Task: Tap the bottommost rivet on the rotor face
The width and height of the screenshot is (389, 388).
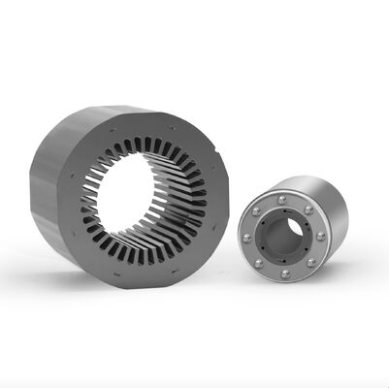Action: pyautogui.click(x=284, y=274)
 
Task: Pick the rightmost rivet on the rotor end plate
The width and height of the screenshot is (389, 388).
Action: pyautogui.click(x=319, y=235)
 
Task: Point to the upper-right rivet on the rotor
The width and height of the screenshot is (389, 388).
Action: pyautogui.click(x=308, y=209)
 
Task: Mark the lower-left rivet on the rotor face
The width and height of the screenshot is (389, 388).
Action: pyautogui.click(x=258, y=263)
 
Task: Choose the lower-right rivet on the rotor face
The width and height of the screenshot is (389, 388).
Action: pyautogui.click(x=309, y=262)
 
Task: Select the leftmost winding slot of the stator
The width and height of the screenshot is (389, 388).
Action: pyautogui.click(x=86, y=199)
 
